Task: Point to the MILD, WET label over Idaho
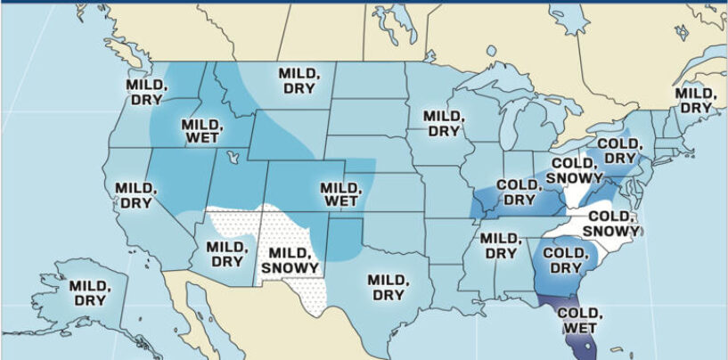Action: pyautogui.click(x=203, y=131)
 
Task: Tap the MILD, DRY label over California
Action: pyautogui.click(x=136, y=196)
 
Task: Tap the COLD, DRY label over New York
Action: pyautogui.click(x=617, y=151)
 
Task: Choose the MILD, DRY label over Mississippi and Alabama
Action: pyautogui.click(x=499, y=246)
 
